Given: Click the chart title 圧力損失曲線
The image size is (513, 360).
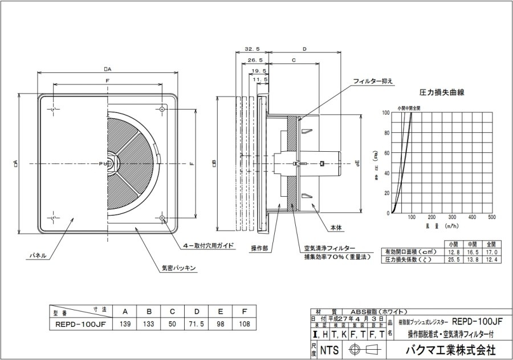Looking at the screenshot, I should (x=442, y=91).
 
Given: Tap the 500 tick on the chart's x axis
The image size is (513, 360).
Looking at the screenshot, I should (x=492, y=217).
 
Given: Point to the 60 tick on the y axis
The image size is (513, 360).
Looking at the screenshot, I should (x=385, y=153).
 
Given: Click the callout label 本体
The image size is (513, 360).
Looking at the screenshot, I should (x=336, y=227).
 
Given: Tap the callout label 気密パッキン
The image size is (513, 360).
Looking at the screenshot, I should (x=179, y=268).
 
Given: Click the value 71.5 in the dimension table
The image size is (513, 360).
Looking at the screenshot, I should (x=197, y=323).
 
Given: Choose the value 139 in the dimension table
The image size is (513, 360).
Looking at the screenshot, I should (x=125, y=323).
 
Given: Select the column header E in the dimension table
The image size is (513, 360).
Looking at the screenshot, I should (x=221, y=312).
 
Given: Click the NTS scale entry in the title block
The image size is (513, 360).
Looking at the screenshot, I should (x=329, y=349).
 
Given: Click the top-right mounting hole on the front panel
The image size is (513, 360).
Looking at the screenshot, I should (x=163, y=109).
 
